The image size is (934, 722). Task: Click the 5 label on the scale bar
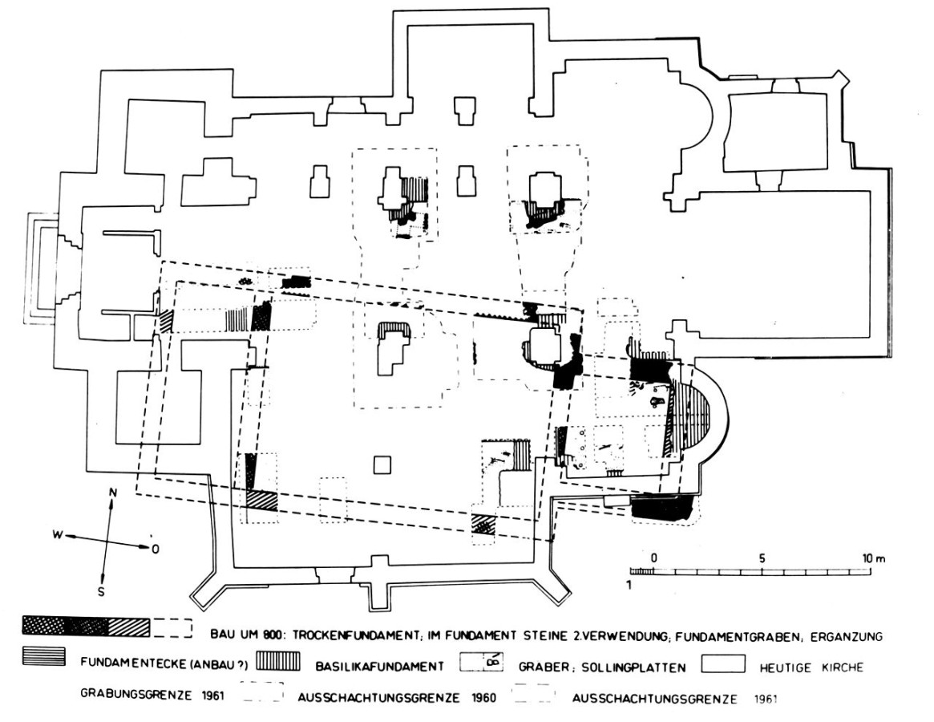click(x=762, y=558)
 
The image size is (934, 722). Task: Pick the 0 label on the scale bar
click(x=654, y=558)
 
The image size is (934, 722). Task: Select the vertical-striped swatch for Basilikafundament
click(x=278, y=663)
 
